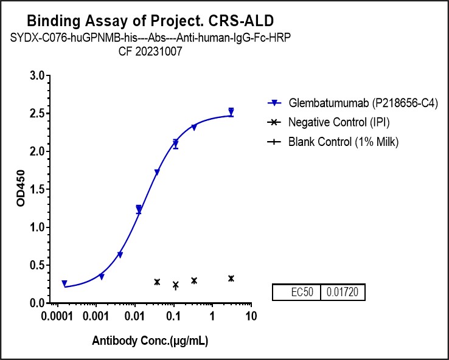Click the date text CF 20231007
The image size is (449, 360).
[150, 52]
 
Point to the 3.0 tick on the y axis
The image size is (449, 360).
[38, 76]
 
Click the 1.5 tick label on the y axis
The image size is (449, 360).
[38, 190]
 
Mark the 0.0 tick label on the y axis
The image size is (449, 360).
[38, 303]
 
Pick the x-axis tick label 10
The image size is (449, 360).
[249, 317]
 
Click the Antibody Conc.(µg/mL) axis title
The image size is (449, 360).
[150, 341]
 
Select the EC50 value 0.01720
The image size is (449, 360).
[342, 292]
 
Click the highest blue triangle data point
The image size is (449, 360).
[231, 112]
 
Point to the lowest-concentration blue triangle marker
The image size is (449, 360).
[64, 283]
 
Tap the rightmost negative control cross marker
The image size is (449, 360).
[231, 279]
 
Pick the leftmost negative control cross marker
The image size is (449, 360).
[157, 282]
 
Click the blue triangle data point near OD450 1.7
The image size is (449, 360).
[157, 173]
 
